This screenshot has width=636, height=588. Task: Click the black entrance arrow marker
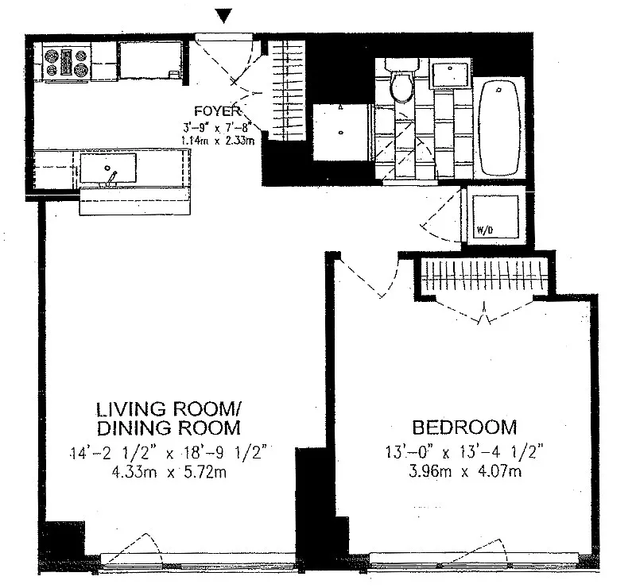tap(223, 16)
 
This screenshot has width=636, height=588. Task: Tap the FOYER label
tap(218, 111)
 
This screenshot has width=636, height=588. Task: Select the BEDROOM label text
tap(464, 427)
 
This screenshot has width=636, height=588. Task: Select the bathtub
tap(499, 129)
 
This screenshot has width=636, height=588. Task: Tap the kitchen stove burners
tap(67, 63)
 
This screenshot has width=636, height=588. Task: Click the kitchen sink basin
tap(108, 168)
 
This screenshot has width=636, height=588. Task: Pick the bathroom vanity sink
tap(450, 74)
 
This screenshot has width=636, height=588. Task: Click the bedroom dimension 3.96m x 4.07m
tap(465, 472)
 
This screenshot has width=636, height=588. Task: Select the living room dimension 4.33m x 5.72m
tap(169, 473)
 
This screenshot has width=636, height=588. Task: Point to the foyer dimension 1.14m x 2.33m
tap(218, 141)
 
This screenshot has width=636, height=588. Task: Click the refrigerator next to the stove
tap(151, 60)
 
